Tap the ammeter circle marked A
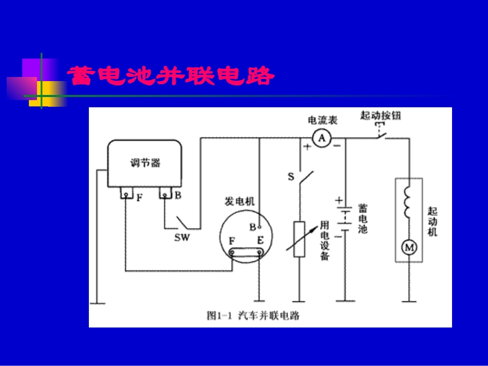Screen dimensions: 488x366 [x=322, y=138]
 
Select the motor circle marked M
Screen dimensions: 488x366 [x=409, y=248]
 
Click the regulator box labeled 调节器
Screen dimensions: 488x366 [x=144, y=163]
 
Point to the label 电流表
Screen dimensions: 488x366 [x=322, y=120]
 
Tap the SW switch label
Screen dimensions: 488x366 [x=182, y=238]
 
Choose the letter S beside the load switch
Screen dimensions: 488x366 [x=291, y=177]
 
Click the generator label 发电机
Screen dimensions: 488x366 [x=240, y=201]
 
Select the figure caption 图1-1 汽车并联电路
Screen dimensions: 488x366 [x=253, y=315]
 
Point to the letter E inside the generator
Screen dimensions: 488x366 [x=260, y=240]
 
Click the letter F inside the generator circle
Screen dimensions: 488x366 [x=232, y=240]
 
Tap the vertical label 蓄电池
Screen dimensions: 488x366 [x=363, y=219]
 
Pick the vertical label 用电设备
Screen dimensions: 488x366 [x=324, y=240]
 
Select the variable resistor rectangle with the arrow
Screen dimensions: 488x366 [x=299, y=239]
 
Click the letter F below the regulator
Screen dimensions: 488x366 [x=139, y=196]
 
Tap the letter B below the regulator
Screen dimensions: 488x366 [x=178, y=195]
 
